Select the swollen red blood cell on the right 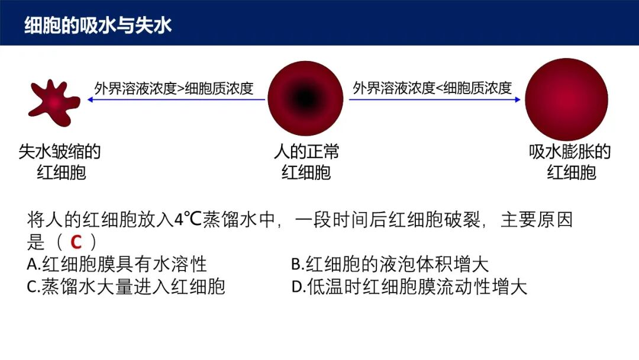[566, 99]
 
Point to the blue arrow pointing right [435, 99]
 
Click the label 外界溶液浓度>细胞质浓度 [174, 88]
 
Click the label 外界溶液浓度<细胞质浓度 [433, 88]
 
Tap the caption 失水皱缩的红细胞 [60, 162]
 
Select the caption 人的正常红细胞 [306, 162]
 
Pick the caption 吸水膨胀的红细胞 [570, 162]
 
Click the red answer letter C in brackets [76, 242]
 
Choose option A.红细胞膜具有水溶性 [117, 264]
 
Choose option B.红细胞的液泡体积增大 [390, 264]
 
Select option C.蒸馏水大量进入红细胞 [126, 287]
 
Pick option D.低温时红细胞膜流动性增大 [409, 287]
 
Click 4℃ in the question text [188, 220]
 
